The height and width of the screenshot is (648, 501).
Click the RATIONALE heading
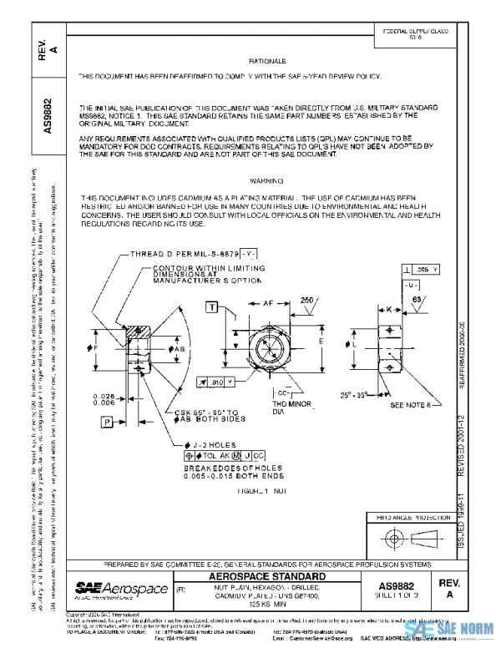[x=267, y=62]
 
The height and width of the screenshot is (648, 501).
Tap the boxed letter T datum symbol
[x=213, y=308]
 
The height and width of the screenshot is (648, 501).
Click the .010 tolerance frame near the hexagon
[x=215, y=382]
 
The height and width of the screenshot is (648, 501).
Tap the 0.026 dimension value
[x=104, y=395]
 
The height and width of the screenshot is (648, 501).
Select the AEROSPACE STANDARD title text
[x=267, y=578]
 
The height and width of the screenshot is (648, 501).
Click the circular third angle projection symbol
[x=392, y=539]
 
